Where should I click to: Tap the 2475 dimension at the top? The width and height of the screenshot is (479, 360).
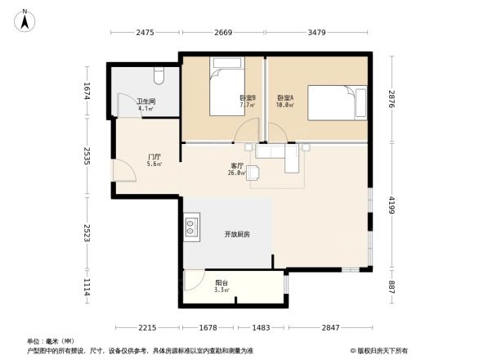145,33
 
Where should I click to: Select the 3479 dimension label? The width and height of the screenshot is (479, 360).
318,33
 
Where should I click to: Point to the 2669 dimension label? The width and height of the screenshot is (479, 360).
223,33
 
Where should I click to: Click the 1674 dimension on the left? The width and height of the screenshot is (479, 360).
85,91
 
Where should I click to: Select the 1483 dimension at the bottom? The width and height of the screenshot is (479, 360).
261,327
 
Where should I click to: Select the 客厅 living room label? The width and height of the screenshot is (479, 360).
238,166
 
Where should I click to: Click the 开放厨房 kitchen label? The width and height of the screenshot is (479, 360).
237,234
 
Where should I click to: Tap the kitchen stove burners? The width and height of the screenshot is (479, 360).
192,227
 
